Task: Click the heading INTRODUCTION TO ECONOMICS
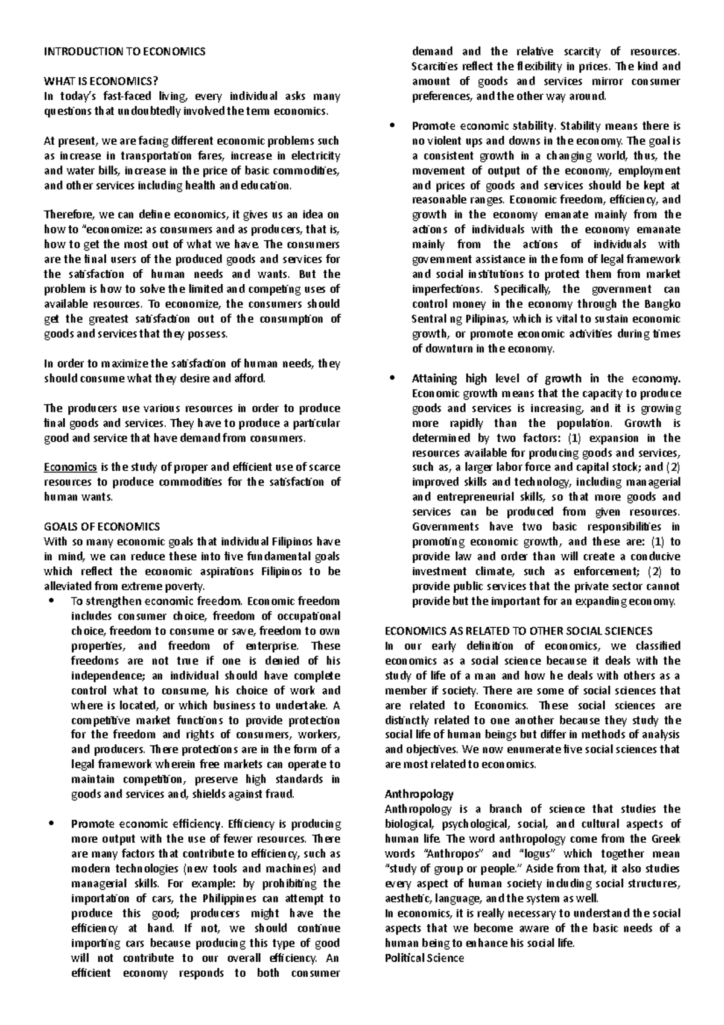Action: (x=124, y=52)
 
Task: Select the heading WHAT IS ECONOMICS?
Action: (x=103, y=81)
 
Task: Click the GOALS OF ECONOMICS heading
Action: (x=102, y=526)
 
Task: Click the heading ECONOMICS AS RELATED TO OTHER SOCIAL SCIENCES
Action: (x=518, y=631)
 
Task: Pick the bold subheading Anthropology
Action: (x=419, y=794)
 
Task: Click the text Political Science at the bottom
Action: (x=424, y=957)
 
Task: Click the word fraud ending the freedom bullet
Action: (x=280, y=794)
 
